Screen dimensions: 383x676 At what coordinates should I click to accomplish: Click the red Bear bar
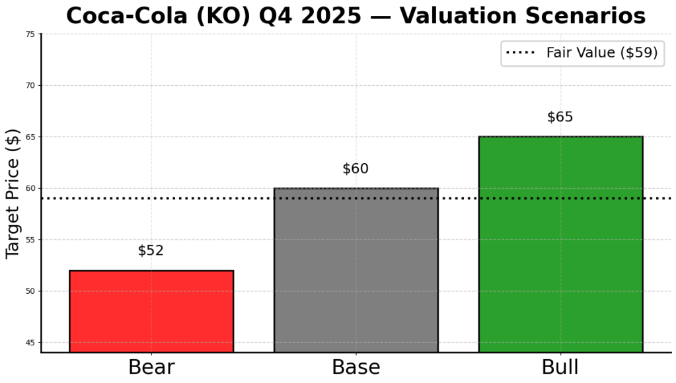pyautogui.click(x=151, y=311)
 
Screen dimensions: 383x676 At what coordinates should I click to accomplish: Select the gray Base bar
pyautogui.click(x=356, y=270)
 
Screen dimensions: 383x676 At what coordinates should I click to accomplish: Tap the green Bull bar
pyautogui.click(x=560, y=244)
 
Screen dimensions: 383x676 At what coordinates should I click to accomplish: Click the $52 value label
pyautogui.click(x=151, y=251)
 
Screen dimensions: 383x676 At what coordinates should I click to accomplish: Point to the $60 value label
pyautogui.click(x=356, y=169)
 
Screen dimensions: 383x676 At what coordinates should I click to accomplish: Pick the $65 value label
pyautogui.click(x=560, y=118)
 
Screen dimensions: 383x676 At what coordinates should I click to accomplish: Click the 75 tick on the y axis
pyautogui.click(x=30, y=34)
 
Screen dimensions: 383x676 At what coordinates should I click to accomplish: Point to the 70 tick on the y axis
pyautogui.click(x=30, y=86)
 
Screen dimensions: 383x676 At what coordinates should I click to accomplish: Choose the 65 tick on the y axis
pyautogui.click(x=30, y=137)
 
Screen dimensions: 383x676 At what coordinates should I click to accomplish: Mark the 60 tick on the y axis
pyautogui.click(x=30, y=189)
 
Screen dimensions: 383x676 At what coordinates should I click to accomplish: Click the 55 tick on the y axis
pyautogui.click(x=30, y=240)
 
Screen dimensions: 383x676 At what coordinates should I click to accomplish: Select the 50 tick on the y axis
pyautogui.click(x=30, y=291)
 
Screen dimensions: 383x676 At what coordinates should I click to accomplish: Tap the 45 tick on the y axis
pyautogui.click(x=30, y=343)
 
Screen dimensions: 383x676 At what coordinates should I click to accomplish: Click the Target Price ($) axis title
pyautogui.click(x=13, y=193)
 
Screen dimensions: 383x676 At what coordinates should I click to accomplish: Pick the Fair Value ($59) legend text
pyautogui.click(x=601, y=53)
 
